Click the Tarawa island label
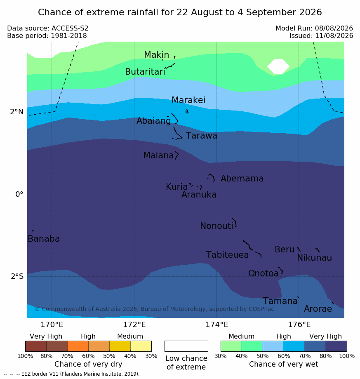pos(201,136)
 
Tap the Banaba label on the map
pos(44,239)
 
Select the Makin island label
pos(156,54)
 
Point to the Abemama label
pos(242,179)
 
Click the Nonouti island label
pos(216,226)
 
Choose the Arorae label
pos(318,309)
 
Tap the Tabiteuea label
pos(227,255)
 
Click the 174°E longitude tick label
pos(217,325)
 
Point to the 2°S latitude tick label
pos(17,276)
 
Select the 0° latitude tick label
pos(19,194)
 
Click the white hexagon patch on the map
pos(278,66)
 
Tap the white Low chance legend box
pos(186,346)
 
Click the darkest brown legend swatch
pos(36,346)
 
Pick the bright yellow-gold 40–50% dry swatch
pos(120,346)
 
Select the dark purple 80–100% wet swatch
pos(336,346)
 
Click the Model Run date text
pos(314,28)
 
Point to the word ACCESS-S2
pos(70,28)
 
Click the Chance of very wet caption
pos(284,364)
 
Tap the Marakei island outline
pos(187,111)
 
